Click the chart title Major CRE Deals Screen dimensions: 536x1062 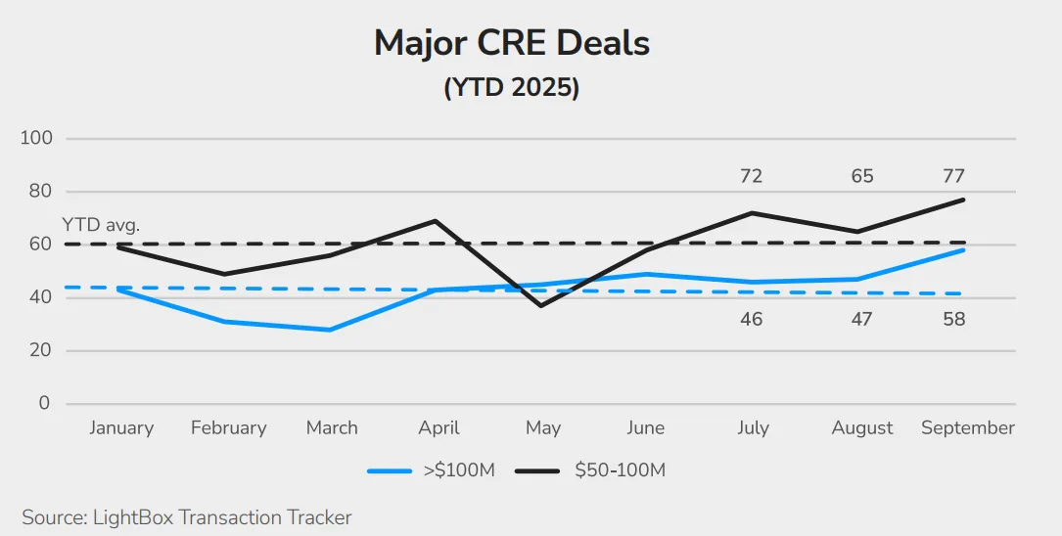click(512, 44)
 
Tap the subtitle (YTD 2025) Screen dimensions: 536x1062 click(512, 87)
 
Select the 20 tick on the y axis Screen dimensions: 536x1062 click(40, 350)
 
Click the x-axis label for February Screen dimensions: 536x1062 click(228, 428)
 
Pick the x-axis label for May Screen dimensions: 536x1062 click(542, 428)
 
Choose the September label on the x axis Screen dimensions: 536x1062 click(967, 428)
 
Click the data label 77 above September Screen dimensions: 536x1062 click(953, 177)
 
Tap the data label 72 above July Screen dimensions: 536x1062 click(751, 177)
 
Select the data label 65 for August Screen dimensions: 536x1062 click(861, 177)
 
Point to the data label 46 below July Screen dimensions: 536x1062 click(751, 320)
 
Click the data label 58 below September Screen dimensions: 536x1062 click(953, 320)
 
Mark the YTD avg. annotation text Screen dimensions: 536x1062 click(101, 225)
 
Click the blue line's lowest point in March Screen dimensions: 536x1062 click(331, 330)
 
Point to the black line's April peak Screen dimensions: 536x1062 click(436, 221)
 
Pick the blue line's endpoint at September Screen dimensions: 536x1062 click(964, 250)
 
